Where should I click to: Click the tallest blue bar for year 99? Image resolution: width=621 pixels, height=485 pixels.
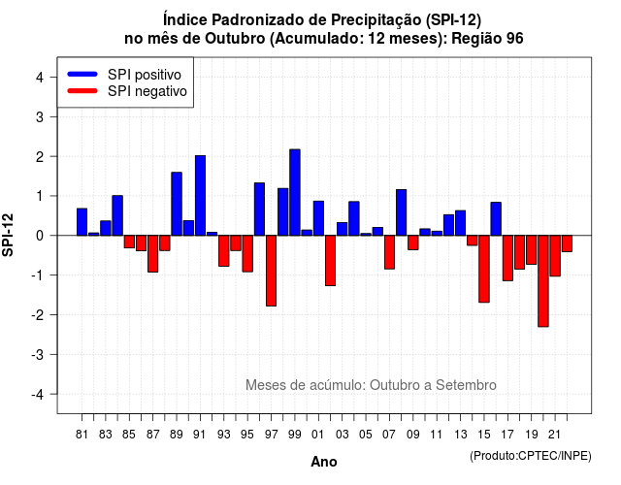[295, 192]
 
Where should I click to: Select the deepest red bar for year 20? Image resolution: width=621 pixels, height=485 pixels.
[543, 281]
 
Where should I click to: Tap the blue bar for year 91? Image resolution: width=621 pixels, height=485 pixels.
[200, 196]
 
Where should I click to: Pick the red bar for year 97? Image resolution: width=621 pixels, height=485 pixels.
[272, 271]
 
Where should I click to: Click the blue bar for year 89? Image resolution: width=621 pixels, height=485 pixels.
[177, 204]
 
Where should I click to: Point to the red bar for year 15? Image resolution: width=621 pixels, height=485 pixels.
[484, 270]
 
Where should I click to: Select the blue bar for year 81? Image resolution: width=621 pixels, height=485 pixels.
[82, 222]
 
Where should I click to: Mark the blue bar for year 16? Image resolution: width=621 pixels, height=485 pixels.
[496, 219]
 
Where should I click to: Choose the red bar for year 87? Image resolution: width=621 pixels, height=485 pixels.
[153, 254]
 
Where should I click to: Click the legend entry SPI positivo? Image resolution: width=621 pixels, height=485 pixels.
[145, 75]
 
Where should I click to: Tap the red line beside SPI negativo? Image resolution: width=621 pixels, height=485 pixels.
[82, 91]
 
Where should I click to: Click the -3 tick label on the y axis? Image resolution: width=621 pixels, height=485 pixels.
[38, 355]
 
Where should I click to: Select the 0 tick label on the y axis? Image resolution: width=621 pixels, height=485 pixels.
[40, 236]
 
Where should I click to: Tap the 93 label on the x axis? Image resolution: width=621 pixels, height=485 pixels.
[224, 435]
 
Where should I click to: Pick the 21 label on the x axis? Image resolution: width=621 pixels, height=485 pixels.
[554, 435]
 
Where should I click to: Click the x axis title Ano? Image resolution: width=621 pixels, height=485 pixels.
[324, 462]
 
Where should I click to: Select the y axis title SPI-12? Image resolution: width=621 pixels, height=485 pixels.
[8, 235]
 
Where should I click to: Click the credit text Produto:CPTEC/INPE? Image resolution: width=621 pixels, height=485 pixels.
[531, 456]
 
